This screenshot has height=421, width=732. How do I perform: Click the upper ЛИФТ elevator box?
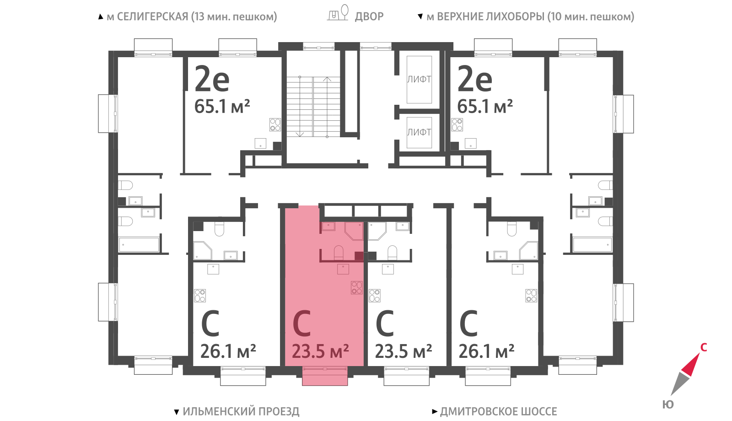(x=419, y=80)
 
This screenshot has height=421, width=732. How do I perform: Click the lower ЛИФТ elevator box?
(x=419, y=132)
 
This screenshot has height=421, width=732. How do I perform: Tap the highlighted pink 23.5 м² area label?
(x=320, y=351)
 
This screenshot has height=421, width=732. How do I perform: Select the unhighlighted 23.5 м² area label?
(x=403, y=351)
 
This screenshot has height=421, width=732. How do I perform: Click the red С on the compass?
(x=704, y=347)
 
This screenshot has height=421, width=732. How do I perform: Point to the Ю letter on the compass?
(x=668, y=405)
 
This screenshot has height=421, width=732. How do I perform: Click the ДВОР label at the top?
(x=369, y=16)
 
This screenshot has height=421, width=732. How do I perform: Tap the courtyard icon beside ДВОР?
(x=338, y=13)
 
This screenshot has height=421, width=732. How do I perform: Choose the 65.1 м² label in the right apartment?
(x=485, y=106)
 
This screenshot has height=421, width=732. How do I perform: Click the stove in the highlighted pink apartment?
(x=356, y=288)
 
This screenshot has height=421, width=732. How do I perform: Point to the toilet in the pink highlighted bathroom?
(x=339, y=253)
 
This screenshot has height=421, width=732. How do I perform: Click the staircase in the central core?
(x=313, y=107)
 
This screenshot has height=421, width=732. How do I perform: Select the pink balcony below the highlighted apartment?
(x=324, y=376)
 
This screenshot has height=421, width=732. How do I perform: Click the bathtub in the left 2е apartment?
(x=139, y=245)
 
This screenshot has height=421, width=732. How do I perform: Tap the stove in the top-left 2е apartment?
(x=275, y=124)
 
